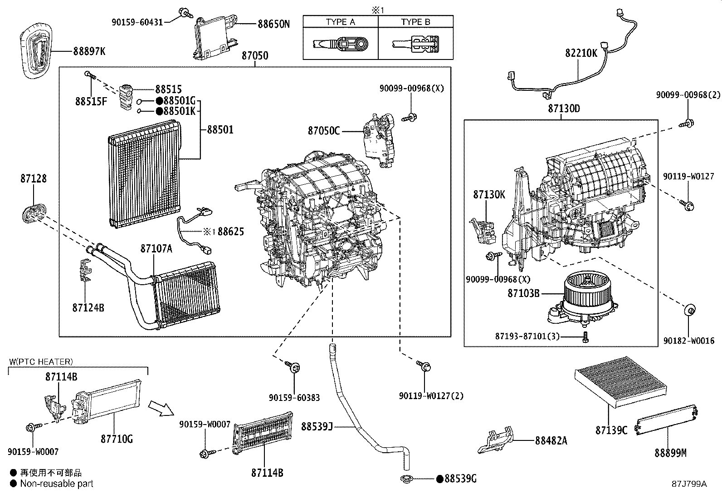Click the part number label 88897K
89,51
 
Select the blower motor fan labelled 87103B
583,298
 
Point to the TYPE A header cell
341,22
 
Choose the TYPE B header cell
416,22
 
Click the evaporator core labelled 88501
144,173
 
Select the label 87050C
324,131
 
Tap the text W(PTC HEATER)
41,361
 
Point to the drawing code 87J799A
689,484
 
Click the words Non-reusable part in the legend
57,484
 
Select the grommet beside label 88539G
406,479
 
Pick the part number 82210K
581,53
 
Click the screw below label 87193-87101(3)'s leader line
585,337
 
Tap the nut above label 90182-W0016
690,310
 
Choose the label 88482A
551,440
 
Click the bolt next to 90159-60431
185,13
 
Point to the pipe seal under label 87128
34,213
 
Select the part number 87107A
156,248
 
